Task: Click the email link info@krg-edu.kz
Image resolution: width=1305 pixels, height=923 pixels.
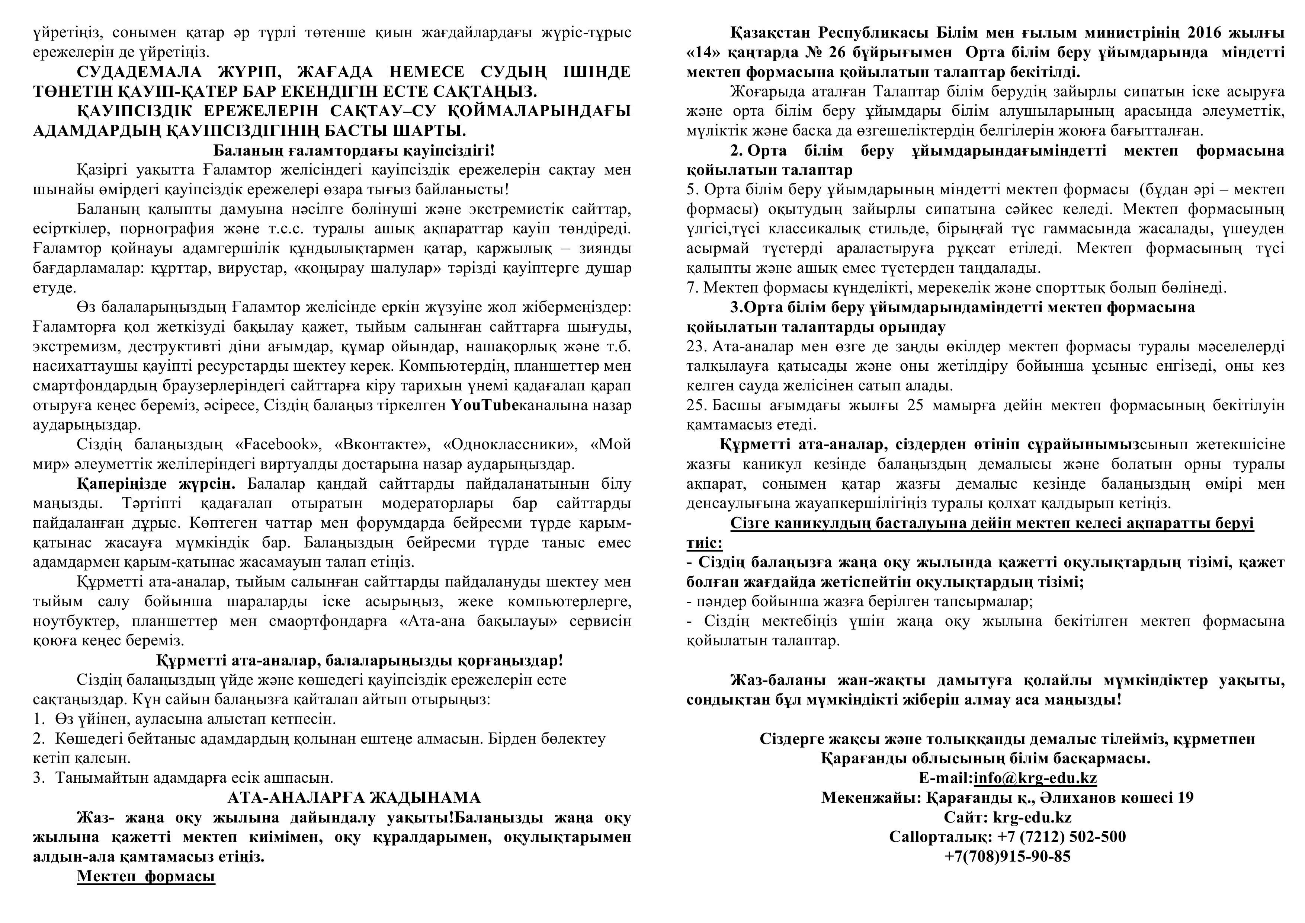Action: click(x=1035, y=778)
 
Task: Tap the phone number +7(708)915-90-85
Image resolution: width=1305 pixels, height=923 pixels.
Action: click(x=1007, y=856)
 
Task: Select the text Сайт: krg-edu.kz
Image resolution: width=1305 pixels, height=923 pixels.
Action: click(x=1007, y=818)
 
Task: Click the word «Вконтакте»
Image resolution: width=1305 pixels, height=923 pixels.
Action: click(x=379, y=444)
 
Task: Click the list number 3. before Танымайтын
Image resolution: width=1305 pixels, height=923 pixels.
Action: click(x=39, y=778)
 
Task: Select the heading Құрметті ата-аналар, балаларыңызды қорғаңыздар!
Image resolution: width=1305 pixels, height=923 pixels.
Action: click(x=359, y=661)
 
